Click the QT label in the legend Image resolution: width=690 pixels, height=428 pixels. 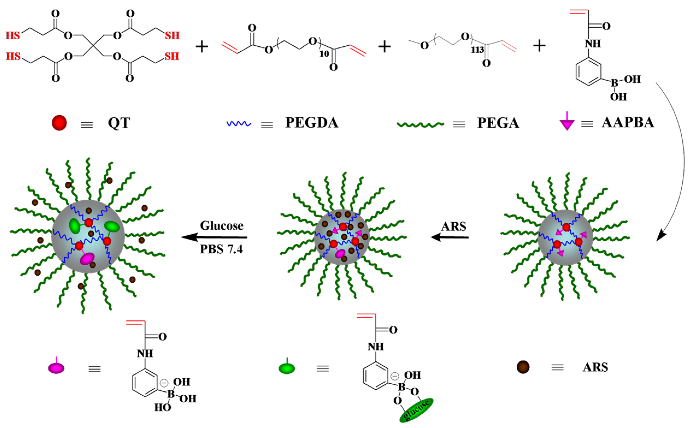coord(119,123)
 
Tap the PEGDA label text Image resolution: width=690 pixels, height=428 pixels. coord(312,123)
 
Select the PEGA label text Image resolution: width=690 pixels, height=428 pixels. coord(498,123)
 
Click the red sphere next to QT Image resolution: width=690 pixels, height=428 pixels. coord(59,123)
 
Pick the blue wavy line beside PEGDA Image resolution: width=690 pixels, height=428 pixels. coord(238,124)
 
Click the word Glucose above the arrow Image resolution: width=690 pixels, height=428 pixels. coord(222,226)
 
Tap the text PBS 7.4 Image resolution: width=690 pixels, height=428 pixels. coord(221,249)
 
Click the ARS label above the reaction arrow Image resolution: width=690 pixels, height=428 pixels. coord(453,227)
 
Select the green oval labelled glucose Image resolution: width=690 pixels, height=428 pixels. coord(416,410)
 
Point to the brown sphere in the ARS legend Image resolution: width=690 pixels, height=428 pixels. coord(523,367)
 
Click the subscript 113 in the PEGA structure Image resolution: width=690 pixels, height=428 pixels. coord(477,50)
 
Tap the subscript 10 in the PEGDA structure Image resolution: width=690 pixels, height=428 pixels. coord(324,53)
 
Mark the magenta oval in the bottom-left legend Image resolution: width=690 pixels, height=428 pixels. coord(56,368)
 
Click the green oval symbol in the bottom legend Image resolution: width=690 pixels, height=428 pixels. coord(287,368)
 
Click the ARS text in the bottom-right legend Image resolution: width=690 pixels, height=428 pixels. coord(595,367)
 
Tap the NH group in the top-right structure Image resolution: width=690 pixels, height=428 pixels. coord(592,44)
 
